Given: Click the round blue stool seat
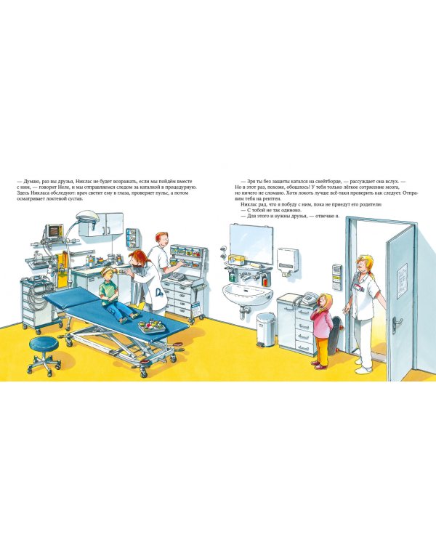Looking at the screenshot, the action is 44,344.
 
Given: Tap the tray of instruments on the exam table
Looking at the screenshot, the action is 152,326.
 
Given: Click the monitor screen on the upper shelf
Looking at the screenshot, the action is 55,231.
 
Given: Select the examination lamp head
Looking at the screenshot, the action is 87,215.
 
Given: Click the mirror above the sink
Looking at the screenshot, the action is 251,243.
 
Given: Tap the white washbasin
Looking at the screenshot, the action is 248,295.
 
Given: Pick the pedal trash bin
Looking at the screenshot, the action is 266,329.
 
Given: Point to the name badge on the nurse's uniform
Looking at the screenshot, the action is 358,287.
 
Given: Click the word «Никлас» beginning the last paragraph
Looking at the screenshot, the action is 248,205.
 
